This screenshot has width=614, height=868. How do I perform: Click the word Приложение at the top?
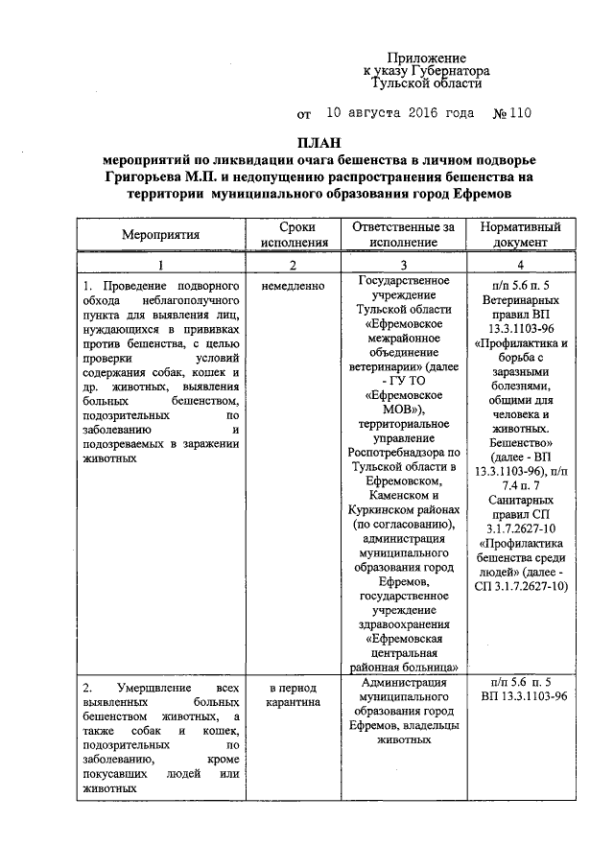coord(440,59)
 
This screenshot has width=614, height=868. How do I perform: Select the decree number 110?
coord(514,113)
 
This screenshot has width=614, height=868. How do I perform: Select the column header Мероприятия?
coord(160,234)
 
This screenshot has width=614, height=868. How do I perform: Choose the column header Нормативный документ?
coord(519,234)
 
